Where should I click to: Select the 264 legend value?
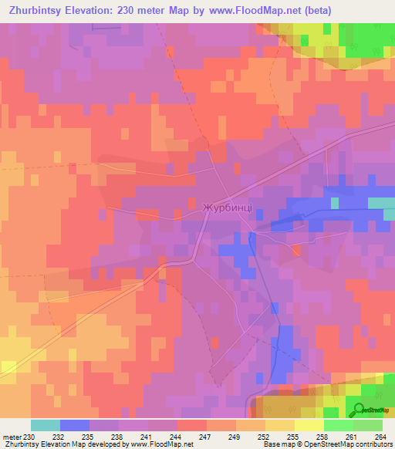pyautogui.click(x=380, y=436)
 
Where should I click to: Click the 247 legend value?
pyautogui.click(x=204, y=436)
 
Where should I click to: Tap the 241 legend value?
pyautogui.click(x=146, y=436)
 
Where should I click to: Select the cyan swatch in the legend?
pyautogui.click(x=46, y=425)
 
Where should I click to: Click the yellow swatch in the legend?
pyautogui.click(x=309, y=425)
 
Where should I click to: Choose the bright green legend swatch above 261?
pyautogui.click(x=338, y=425)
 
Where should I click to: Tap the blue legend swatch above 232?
pyautogui.click(x=75, y=425)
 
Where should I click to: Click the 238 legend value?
pyautogui.click(x=116, y=436)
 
